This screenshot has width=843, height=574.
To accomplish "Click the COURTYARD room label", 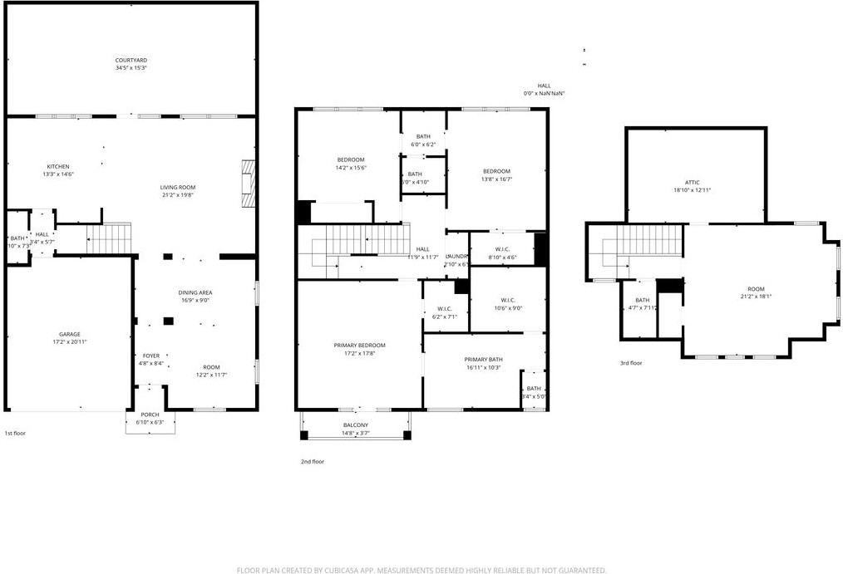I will point(131,60).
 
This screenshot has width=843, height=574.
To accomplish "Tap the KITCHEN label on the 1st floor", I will point(58,166).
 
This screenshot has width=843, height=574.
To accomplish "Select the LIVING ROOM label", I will point(178,187).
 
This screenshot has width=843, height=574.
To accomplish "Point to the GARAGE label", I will point(69,334).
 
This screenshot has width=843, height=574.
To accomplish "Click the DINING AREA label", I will point(195,292).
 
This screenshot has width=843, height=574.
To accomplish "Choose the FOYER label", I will point(150,356).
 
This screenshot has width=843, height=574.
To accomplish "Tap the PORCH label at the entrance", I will point(150,415).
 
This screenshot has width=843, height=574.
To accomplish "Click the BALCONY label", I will point(356,425).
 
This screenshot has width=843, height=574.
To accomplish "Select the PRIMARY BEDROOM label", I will point(360,345).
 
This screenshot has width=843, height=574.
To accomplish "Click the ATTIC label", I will point(692,183).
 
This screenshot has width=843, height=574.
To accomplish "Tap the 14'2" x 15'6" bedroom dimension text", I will point(351,168).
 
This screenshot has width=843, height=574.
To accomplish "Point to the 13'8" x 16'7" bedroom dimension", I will point(496,179).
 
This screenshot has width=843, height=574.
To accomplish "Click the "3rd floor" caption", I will point(631,363).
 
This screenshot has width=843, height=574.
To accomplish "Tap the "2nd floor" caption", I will point(313,461).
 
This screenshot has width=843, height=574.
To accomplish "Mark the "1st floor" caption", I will point(16,433).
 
